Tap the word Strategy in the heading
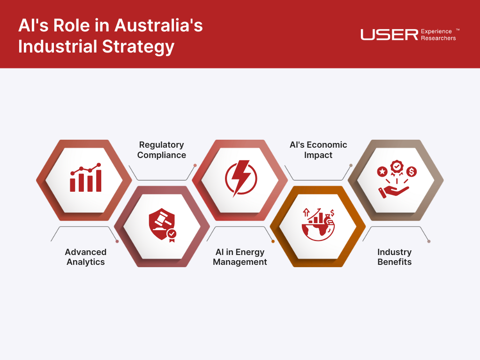pos(138,47)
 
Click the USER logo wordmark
pos(390,35)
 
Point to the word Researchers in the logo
pos(438,38)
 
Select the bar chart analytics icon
pos(86,178)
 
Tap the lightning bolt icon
pos(241,178)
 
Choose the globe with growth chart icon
pos(318,225)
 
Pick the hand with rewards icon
pos(397,179)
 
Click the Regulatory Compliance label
pos(162,150)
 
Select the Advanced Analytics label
pos(86,257)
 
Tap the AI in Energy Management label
pos(240,257)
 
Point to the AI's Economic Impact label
pos(318,150)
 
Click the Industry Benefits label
pos(395,257)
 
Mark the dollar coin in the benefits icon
pos(412,172)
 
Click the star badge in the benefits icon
pos(382,172)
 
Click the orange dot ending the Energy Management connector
pos(273,241)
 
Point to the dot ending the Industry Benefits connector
pos(429,241)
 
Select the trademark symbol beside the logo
pos(457,30)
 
